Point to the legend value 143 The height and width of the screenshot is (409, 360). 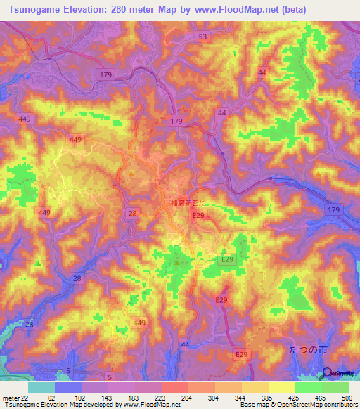[x=106, y=397]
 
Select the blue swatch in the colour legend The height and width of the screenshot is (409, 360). [x=67, y=387]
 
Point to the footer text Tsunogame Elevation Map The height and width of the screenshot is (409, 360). [x=35, y=405]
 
